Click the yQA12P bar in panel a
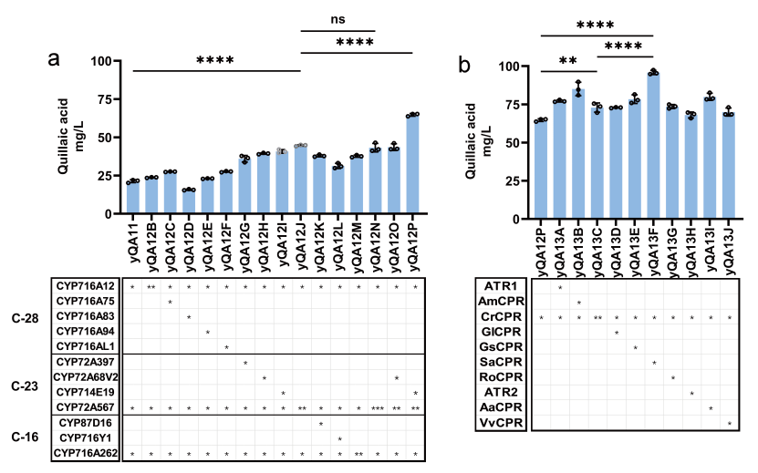413,164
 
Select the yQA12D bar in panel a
189,201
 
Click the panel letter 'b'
465,67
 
